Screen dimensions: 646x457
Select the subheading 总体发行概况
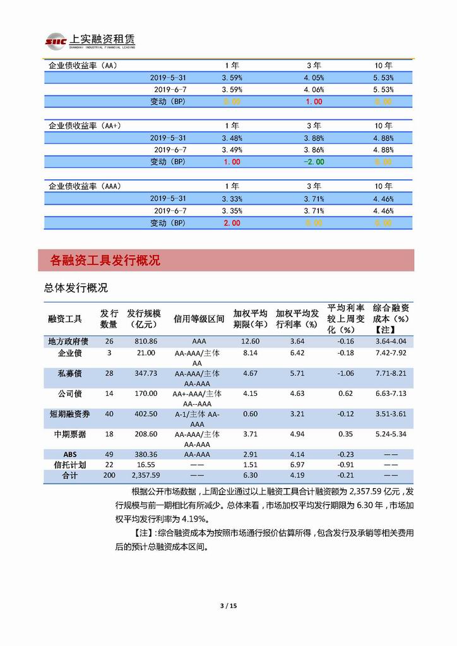(76, 288)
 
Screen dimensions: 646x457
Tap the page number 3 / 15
(228, 606)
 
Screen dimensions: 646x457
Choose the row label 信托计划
(69, 464)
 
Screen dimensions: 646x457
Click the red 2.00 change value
(232, 223)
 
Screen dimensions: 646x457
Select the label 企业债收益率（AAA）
(85, 186)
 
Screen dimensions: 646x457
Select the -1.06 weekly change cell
(345, 373)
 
